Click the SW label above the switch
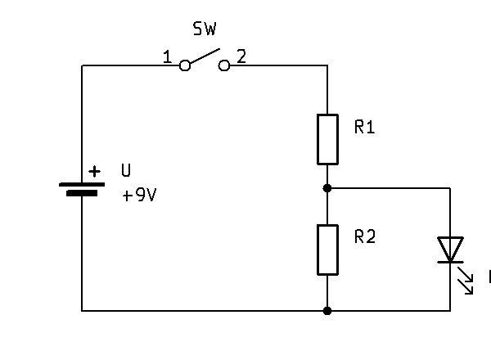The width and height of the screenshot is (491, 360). (205, 30)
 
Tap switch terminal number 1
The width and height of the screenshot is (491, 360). (167, 57)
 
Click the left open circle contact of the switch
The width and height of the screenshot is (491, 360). (185, 65)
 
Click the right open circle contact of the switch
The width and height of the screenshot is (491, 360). (224, 65)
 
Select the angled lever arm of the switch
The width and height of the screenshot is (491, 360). (205, 57)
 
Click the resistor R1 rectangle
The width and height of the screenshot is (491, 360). (327, 139)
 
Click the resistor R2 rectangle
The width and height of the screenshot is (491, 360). (327, 250)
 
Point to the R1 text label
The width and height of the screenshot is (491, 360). (365, 127)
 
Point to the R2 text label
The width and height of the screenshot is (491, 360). (365, 237)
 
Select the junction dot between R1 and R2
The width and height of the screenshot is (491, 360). (327, 187)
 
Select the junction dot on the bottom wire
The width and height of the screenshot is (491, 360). (327, 311)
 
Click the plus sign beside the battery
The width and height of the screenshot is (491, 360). (96, 171)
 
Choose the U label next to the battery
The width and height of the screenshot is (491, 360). (125, 171)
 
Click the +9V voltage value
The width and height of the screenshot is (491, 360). (139, 196)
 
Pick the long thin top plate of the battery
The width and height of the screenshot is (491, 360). (82, 184)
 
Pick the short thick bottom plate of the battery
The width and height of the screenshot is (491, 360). (82, 194)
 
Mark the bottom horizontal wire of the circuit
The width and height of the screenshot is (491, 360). (205, 311)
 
